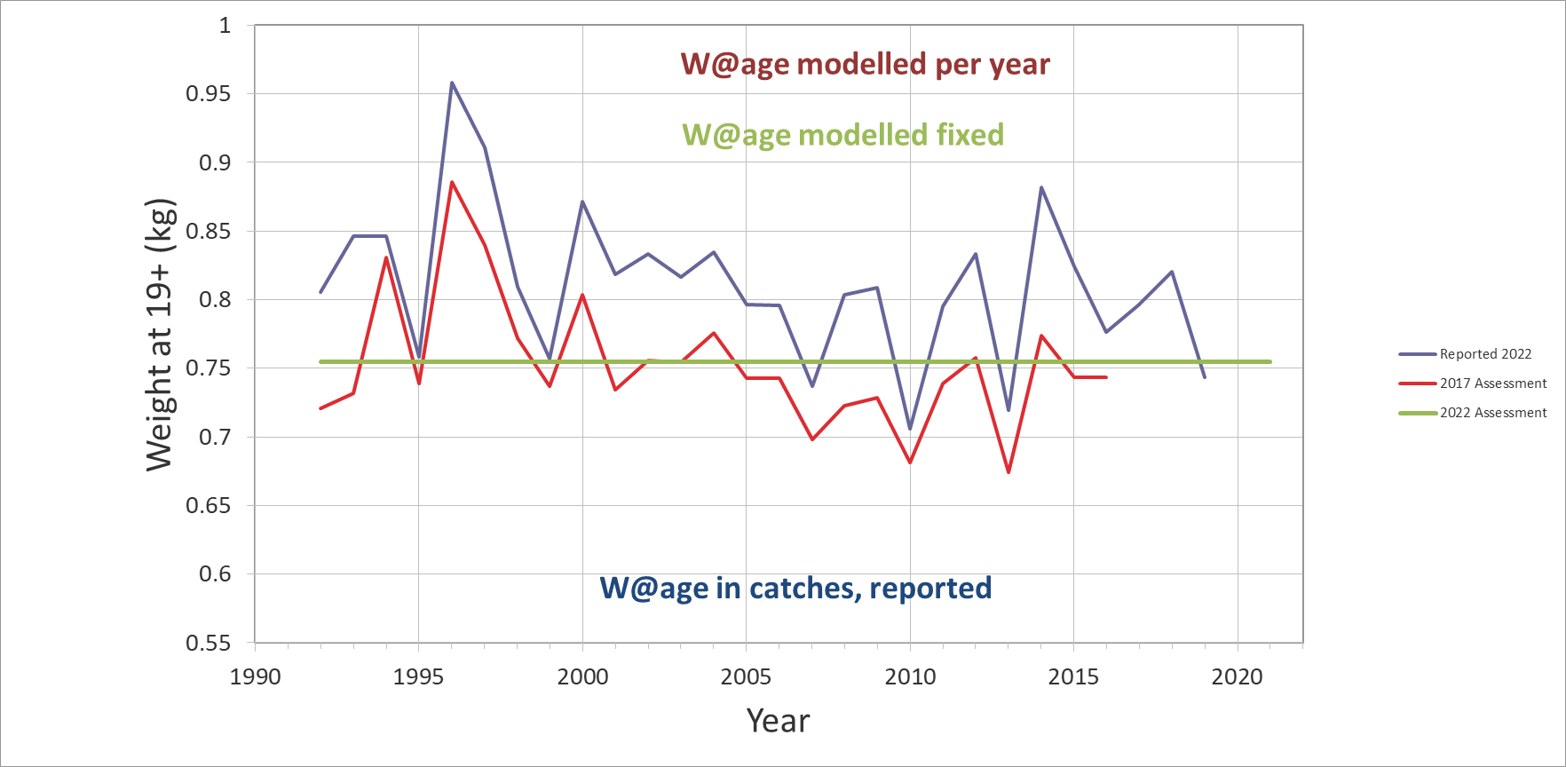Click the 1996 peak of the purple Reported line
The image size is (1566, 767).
(452, 83)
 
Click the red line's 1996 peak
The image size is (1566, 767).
(452, 182)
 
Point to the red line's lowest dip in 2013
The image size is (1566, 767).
(1008, 472)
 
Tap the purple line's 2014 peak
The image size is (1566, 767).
(1041, 187)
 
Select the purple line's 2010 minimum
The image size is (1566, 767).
(910, 430)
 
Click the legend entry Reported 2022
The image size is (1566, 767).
(1485, 354)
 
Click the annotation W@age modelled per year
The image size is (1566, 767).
(865, 65)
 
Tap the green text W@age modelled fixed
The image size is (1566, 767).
(842, 135)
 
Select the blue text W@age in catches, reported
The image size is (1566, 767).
(795, 588)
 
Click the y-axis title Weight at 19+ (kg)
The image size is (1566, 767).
(161, 335)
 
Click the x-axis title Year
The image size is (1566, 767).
(778, 721)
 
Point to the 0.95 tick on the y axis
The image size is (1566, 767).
(208, 94)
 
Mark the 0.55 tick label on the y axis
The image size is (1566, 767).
(208, 643)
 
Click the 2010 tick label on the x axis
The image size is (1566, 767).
(910, 677)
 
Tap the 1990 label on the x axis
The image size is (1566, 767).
(256, 677)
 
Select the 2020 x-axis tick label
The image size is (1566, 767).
(1237, 677)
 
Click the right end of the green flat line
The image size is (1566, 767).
(1269, 362)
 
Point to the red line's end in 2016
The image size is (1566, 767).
(1106, 377)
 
